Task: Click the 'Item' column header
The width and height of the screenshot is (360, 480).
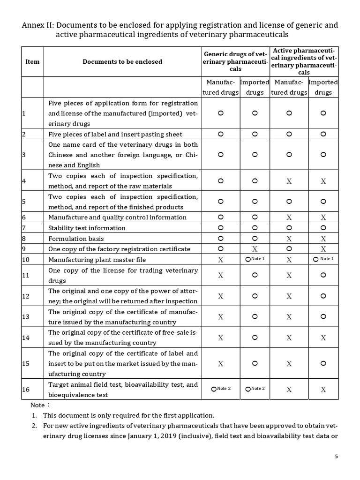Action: pos(32,61)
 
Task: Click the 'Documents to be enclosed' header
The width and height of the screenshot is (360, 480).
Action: pos(122,61)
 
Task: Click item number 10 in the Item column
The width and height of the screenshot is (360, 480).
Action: pos(26,260)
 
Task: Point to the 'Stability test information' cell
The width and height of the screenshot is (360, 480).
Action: pos(87,228)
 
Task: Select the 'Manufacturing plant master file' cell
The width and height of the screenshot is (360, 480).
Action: pos(97,260)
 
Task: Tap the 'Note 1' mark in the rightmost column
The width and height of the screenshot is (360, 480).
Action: pos(323,259)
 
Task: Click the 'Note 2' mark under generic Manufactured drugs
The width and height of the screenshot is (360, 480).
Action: pos(221,389)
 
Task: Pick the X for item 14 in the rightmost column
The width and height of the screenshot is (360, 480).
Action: pos(323,337)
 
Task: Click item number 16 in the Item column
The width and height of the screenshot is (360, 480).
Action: pos(26,389)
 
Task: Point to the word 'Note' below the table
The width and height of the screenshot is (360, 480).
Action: pos(37,405)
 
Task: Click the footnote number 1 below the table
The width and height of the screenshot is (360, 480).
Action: pos(34,415)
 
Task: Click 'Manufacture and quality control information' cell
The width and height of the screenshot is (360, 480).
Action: pos(117,217)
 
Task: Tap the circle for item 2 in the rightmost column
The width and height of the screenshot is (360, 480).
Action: pos(323,134)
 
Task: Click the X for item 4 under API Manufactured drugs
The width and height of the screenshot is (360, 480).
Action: pos(289,181)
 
